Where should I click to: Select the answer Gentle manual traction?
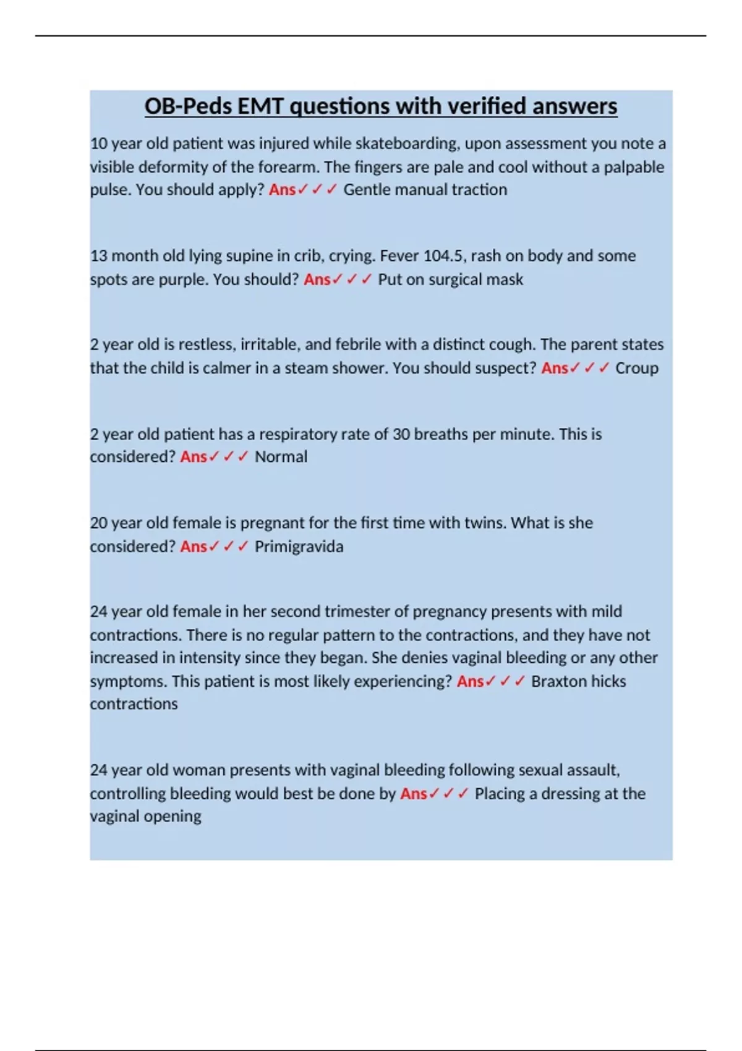425,190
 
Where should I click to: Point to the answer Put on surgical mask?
450,279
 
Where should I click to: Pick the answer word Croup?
636,368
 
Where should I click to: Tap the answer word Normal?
281,457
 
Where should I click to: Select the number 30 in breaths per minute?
401,434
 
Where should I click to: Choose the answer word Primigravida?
299,547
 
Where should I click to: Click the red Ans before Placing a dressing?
413,794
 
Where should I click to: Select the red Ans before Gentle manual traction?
282,190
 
